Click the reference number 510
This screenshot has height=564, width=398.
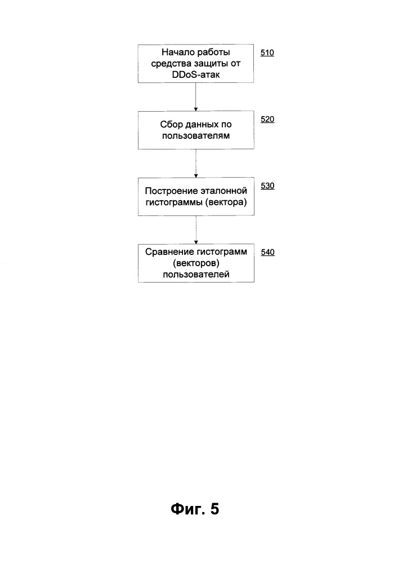pos(267,53)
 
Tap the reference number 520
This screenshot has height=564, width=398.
pos(267,120)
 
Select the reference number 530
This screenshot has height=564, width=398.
pos(267,186)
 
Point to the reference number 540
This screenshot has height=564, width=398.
pos(268,253)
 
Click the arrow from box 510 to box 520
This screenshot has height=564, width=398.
pos(195,97)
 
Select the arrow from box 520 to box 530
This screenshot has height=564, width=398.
pos(196,164)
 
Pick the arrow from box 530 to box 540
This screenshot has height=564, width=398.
pos(196,230)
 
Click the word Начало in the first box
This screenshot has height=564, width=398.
pos(176,52)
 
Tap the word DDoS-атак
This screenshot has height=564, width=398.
pos(196,75)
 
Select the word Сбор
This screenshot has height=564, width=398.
pos(169,125)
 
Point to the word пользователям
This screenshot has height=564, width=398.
pos(196,136)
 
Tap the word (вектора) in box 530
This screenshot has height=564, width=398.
pos(226,202)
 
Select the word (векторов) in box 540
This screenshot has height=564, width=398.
pos(196,263)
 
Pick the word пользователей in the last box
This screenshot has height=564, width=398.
pos(196,275)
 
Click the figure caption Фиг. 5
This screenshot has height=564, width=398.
pos(195,509)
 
